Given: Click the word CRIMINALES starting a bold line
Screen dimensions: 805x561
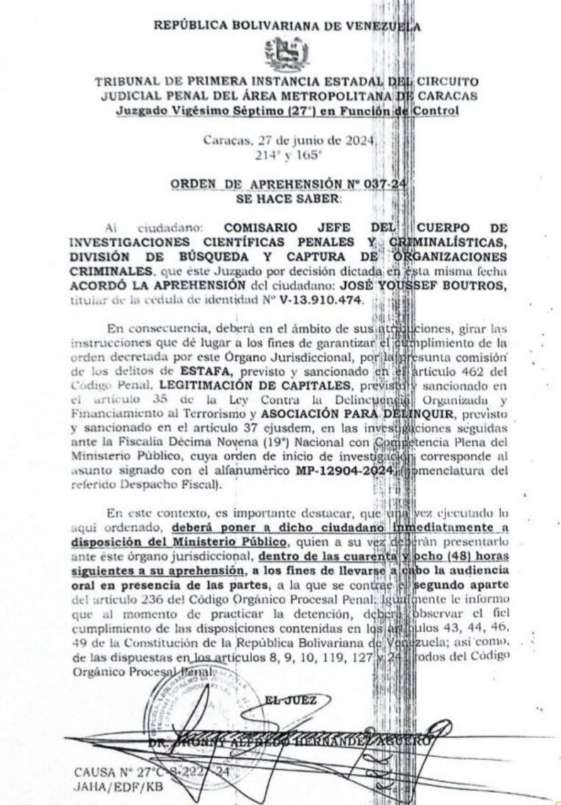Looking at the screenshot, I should [x=111, y=271].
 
